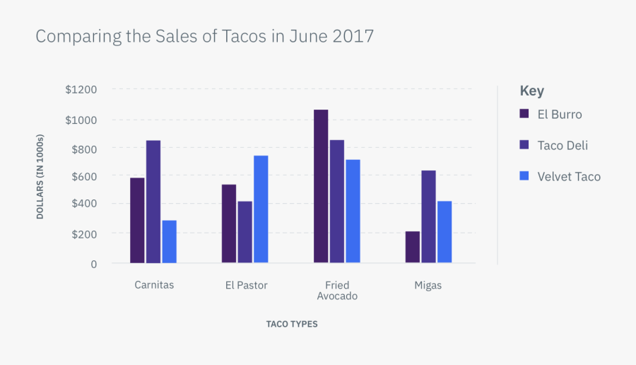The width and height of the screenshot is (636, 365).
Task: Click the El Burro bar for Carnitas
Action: (137, 220)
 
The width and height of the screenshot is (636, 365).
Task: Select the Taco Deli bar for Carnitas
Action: (153, 202)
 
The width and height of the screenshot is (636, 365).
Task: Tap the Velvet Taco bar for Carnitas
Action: (169, 241)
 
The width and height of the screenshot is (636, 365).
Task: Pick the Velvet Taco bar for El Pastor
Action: (261, 209)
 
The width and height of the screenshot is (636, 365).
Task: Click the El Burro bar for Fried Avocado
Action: (321, 186)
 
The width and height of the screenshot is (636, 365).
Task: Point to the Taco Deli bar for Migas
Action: (428, 216)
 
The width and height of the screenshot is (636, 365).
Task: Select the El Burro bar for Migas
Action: (413, 247)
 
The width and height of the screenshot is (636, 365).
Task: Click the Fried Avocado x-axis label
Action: (337, 291)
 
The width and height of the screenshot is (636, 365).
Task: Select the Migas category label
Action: (428, 285)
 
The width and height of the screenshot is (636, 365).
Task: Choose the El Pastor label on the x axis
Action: (246, 285)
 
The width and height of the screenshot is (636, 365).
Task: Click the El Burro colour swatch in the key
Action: (524, 114)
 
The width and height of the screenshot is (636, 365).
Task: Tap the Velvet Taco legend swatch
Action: (524, 176)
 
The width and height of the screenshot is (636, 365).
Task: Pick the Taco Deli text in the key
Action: (563, 145)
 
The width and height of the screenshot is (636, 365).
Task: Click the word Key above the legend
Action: (531, 91)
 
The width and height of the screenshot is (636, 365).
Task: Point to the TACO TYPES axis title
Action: (292, 324)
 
